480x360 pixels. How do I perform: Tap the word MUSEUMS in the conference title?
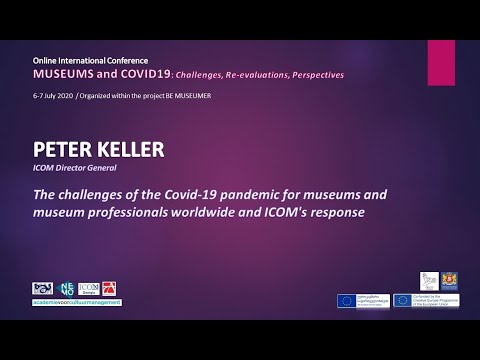coord(68,74)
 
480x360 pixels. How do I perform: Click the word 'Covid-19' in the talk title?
coord(207,194)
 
